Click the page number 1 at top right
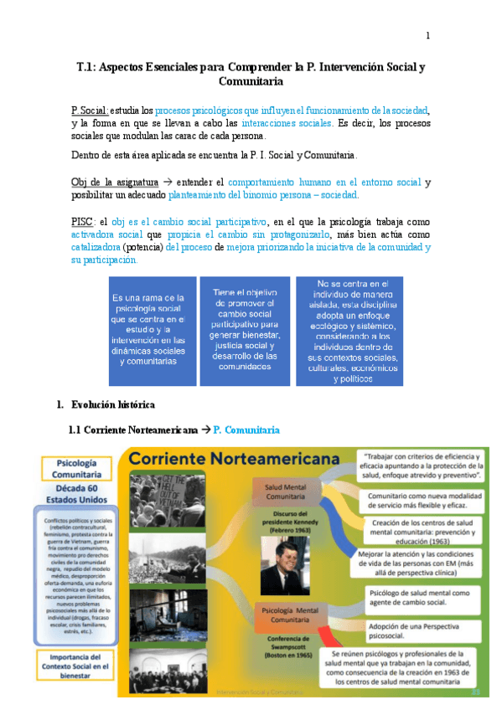(x=427, y=35)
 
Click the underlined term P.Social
(x=89, y=110)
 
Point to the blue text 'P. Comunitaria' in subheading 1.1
(x=246, y=430)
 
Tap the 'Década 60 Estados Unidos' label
(x=80, y=494)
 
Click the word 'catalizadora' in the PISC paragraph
(x=96, y=248)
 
